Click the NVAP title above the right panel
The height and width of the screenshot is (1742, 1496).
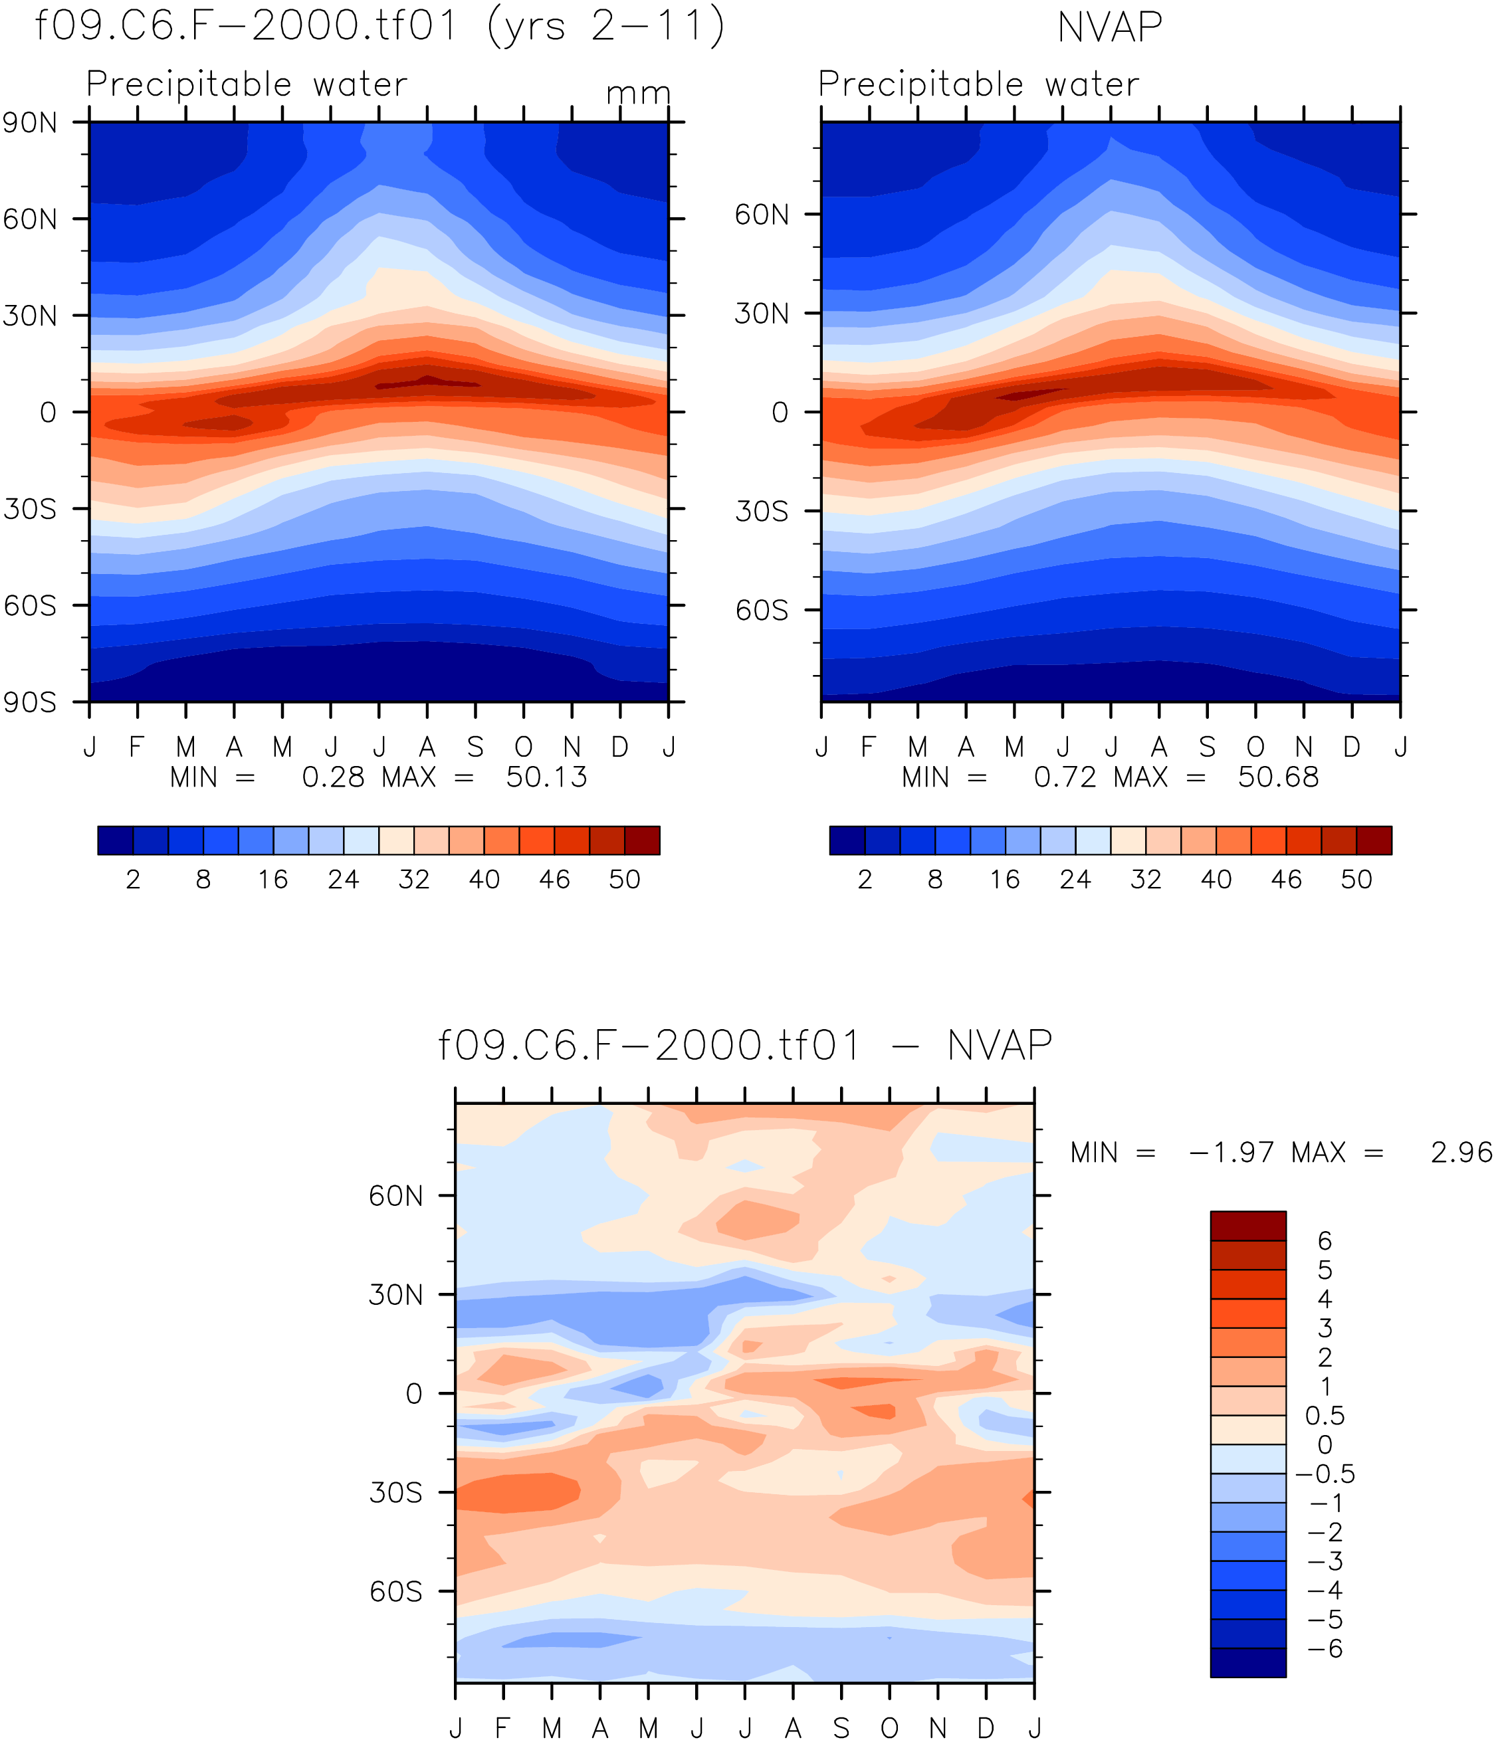(1109, 28)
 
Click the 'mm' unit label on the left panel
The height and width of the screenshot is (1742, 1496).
(638, 92)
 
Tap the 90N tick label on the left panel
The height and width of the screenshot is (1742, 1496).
(31, 124)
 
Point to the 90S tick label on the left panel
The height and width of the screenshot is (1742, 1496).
(31, 702)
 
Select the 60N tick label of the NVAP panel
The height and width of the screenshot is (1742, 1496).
(762, 215)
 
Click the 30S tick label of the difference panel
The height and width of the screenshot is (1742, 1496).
(395, 1492)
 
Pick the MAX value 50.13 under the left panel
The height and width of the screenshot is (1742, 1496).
(546, 777)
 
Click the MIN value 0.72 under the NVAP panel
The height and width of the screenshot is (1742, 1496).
(1065, 777)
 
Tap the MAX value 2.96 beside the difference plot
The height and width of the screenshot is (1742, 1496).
(1461, 1152)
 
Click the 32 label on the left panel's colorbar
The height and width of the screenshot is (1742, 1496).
(414, 880)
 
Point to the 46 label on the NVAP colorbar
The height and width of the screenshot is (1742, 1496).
(1287, 880)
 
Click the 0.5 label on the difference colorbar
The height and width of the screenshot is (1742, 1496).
(1325, 1416)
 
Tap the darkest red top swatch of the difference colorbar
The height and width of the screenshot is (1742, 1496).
(1248, 1226)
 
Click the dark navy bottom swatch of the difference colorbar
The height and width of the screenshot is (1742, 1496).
(1248, 1662)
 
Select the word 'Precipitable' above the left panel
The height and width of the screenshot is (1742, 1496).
(189, 84)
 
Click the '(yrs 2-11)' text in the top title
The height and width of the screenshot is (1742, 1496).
(605, 27)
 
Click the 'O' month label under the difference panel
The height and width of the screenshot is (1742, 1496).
(890, 1727)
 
